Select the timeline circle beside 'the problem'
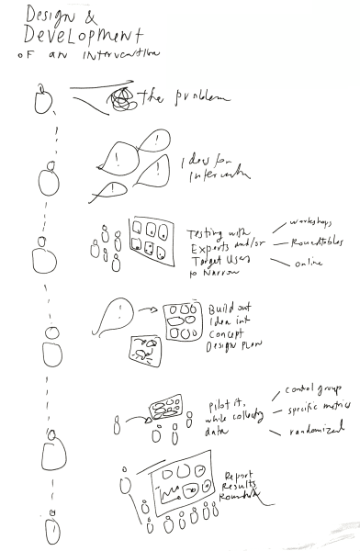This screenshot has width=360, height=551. coord(40,98)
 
